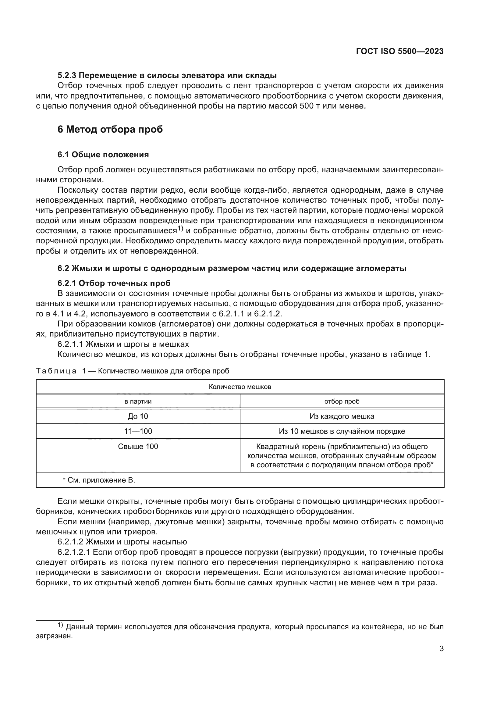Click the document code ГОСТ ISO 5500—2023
pyautogui.click(x=400, y=52)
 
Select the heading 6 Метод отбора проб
pyautogui.click(x=110, y=129)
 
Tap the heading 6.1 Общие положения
pyautogui.click(x=103, y=155)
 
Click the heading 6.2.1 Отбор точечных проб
pyautogui.click(x=114, y=283)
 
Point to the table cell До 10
pyautogui.click(x=138, y=416)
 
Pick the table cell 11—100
pyautogui.click(x=138, y=431)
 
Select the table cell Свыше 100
pyautogui.click(x=138, y=446)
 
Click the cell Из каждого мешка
pyautogui.click(x=342, y=416)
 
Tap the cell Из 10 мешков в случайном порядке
pyautogui.click(x=342, y=431)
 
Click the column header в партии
pyautogui.click(x=138, y=401)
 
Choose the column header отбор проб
pyautogui.click(x=342, y=401)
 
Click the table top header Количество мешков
pyautogui.click(x=240, y=387)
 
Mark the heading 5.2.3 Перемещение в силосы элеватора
pyautogui.click(x=167, y=76)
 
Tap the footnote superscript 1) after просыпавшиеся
pyautogui.click(x=181, y=229)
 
